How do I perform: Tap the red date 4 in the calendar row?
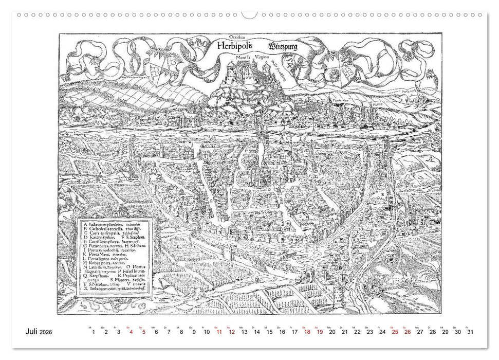click(x=131, y=333)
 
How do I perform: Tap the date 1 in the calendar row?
click(x=94, y=333)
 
